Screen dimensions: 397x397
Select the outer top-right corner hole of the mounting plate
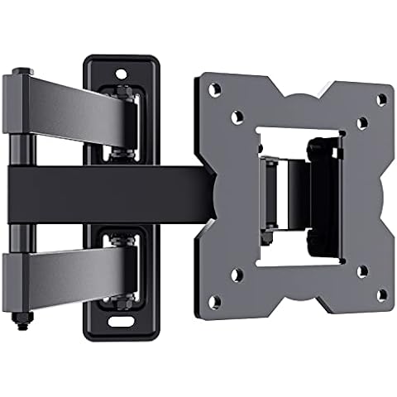click(381, 99)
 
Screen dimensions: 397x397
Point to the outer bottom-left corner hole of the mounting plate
click(213, 299)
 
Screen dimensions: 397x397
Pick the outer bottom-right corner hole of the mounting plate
click(381, 292)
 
